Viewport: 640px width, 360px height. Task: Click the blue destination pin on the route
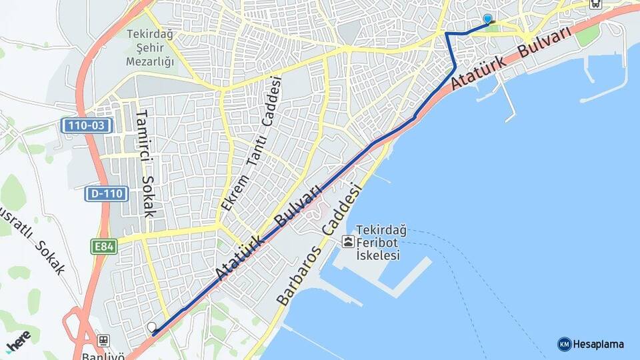pos(487,20)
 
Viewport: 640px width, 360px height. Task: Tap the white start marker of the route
pos(152,327)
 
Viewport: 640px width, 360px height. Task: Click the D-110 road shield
pos(105,194)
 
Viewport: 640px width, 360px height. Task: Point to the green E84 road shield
pos(103,247)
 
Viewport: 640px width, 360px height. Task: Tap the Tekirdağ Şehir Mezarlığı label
pos(150,46)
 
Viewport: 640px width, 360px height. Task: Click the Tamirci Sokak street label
pos(145,163)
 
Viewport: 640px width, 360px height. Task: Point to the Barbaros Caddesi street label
pos(321,244)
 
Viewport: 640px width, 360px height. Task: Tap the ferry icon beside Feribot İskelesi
pos(347,241)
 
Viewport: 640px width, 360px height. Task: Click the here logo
pos(19,340)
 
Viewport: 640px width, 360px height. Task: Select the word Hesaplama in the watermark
pos(598,344)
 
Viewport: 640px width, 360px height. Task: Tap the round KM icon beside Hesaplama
pos(564,344)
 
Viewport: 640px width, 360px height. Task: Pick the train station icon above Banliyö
pos(103,339)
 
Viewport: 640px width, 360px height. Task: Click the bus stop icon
pos(595,3)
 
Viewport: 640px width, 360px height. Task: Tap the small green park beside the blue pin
pos(493,27)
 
